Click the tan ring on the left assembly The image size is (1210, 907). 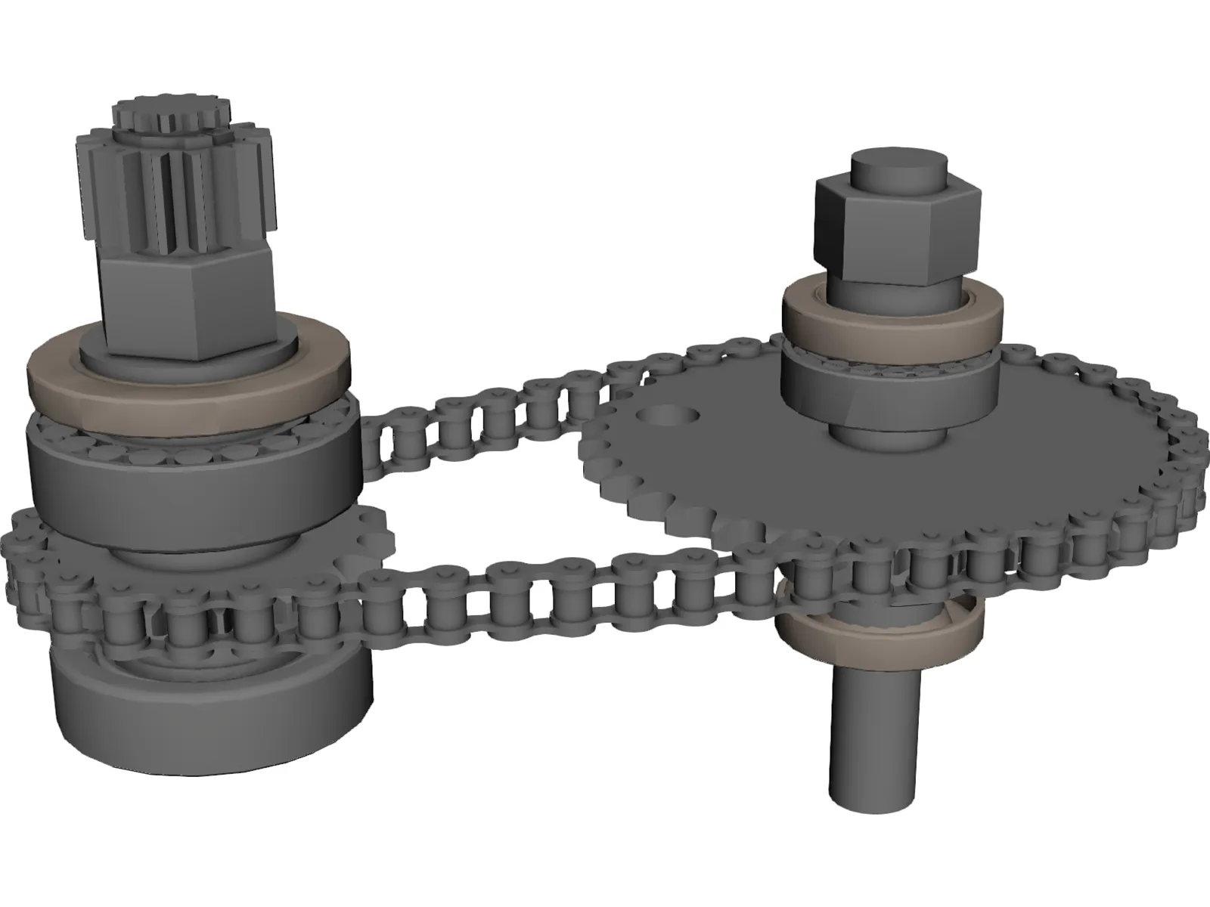pyautogui.click(x=189, y=385)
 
